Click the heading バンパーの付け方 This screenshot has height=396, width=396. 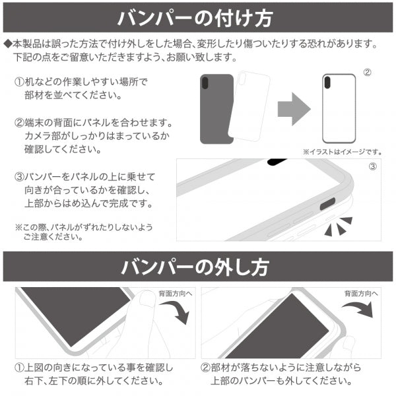[198, 18]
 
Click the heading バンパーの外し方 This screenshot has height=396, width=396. [198, 267]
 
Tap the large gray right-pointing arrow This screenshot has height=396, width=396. [293, 107]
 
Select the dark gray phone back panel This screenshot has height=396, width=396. [216, 109]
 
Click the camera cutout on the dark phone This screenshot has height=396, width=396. [207, 84]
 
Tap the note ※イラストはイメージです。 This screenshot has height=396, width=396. [343, 151]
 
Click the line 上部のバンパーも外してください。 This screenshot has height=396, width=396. [278, 381]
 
